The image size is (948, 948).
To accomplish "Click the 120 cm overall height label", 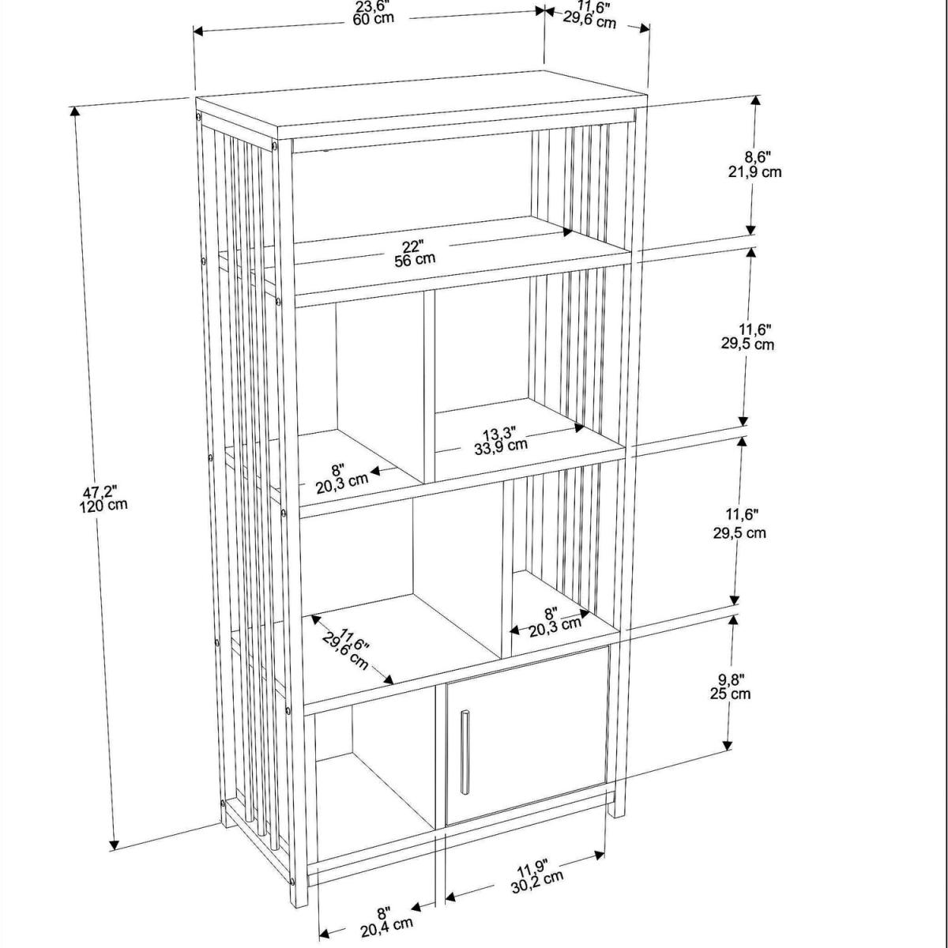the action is point(103,505).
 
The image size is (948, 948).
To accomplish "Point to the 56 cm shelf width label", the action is point(415,259).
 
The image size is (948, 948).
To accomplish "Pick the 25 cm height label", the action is point(730,694).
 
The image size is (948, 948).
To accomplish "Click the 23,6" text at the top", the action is point(373,6).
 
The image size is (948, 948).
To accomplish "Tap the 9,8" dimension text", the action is point(731,679).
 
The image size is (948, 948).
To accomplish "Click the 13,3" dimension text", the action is point(498,434).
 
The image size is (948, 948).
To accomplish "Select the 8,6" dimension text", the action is point(757,157).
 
